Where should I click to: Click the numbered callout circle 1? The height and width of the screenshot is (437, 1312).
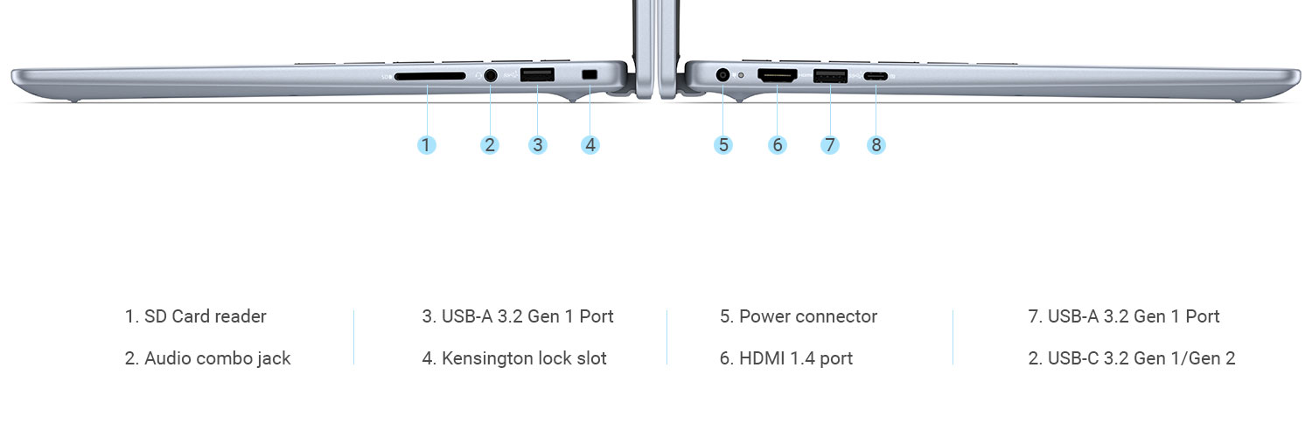[x=426, y=145]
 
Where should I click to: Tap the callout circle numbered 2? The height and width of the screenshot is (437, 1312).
[x=490, y=145]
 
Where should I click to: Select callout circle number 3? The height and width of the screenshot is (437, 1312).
[x=538, y=145]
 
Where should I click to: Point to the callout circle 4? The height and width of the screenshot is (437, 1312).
[x=590, y=145]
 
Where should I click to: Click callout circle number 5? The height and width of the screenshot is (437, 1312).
[x=722, y=145]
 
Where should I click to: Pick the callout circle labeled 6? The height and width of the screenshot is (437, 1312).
[x=778, y=145]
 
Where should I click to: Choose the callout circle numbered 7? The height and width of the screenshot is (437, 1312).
[x=830, y=145]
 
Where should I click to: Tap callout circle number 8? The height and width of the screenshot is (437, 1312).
[x=876, y=145]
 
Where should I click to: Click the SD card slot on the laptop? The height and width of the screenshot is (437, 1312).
[x=429, y=76]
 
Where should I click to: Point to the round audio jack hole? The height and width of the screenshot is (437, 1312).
[x=490, y=75]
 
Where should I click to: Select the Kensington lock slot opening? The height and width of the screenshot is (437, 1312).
[x=590, y=75]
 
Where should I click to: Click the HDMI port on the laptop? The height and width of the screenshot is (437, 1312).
[x=777, y=76]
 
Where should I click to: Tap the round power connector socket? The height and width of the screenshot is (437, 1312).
[x=722, y=75]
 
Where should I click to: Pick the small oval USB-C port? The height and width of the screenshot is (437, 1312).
[x=876, y=76]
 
